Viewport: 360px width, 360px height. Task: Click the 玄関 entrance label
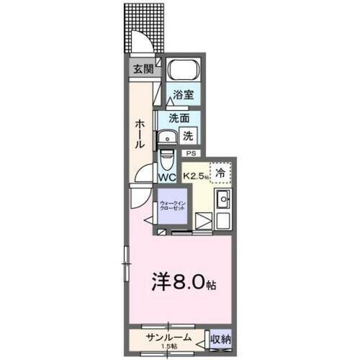(143, 69)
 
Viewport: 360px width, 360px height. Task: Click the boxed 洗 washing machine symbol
(186, 135)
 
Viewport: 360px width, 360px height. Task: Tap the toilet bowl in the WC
(167, 157)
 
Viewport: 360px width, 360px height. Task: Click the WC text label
(167, 176)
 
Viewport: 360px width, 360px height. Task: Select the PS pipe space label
(191, 153)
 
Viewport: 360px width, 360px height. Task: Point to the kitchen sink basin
(223, 199)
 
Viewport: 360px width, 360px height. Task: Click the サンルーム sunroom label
(168, 336)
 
